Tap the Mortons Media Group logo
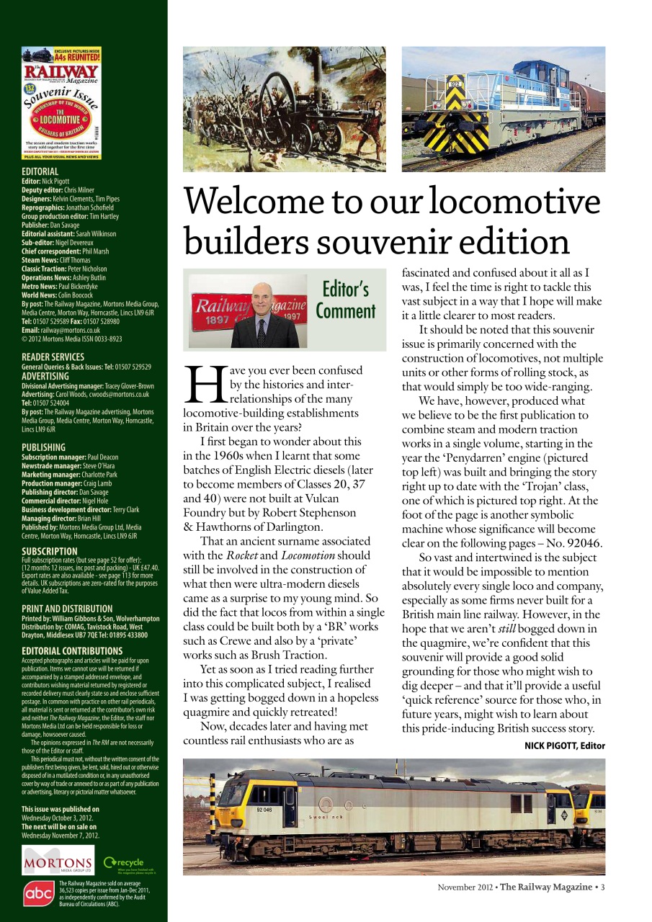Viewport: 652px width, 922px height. tap(58, 863)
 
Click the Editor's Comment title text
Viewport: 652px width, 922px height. tap(346, 300)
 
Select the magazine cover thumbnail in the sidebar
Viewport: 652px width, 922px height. tap(61, 103)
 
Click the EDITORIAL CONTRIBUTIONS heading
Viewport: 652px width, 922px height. tap(72, 651)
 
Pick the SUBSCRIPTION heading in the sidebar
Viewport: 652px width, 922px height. tap(50, 552)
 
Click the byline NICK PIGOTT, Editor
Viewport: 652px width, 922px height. tap(564, 746)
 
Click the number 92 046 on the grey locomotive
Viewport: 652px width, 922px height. tap(265, 809)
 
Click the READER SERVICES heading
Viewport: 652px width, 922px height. tap(53, 357)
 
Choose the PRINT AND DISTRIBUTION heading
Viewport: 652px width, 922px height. tap(67, 609)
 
